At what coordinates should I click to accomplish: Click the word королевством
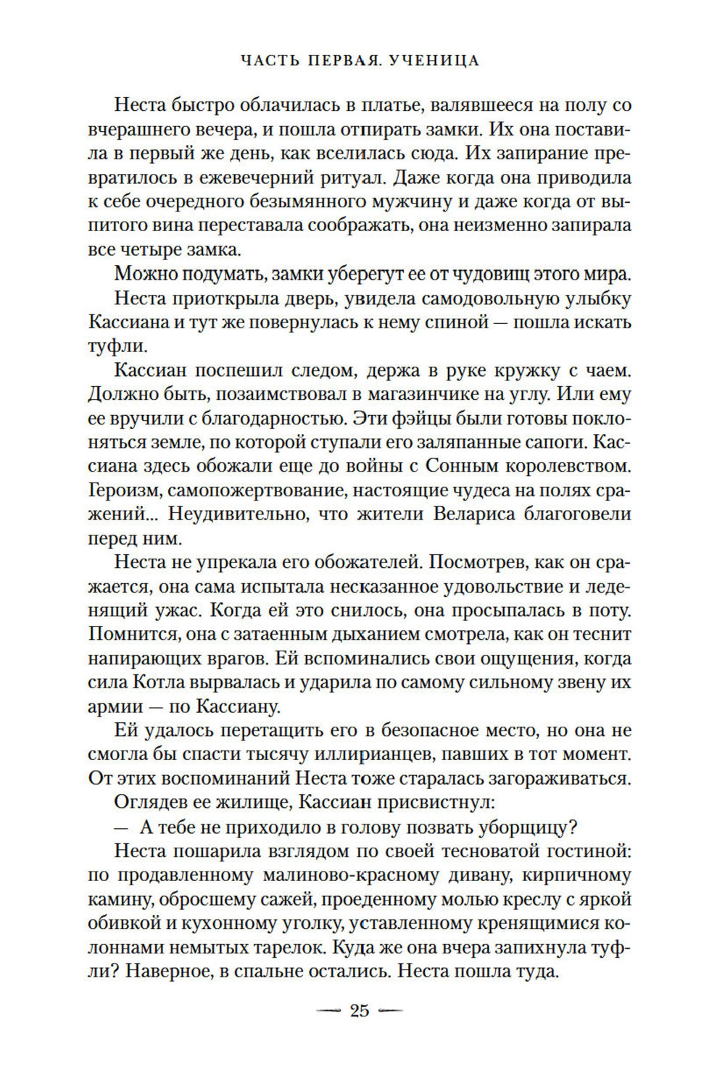(x=563, y=467)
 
